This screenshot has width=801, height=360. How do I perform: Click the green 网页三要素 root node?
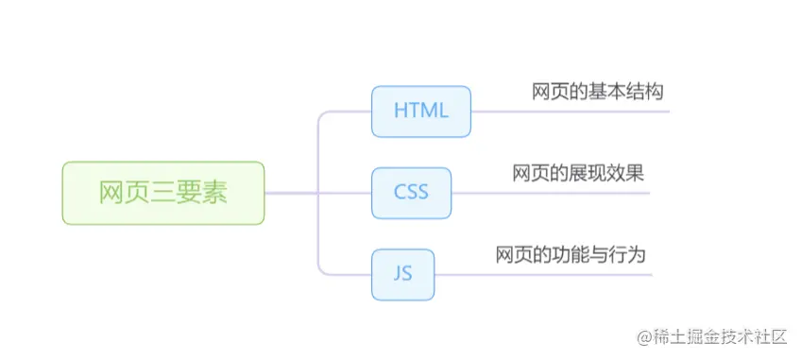[x=163, y=193]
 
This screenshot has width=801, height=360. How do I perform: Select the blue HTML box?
[x=420, y=111]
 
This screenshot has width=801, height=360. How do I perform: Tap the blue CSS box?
[x=411, y=193]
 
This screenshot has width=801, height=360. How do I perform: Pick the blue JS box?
[x=402, y=274]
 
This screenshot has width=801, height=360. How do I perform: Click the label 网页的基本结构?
[x=598, y=92]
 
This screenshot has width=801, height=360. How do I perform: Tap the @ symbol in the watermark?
[x=644, y=337]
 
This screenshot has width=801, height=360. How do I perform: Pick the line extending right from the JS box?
[x=543, y=274]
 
